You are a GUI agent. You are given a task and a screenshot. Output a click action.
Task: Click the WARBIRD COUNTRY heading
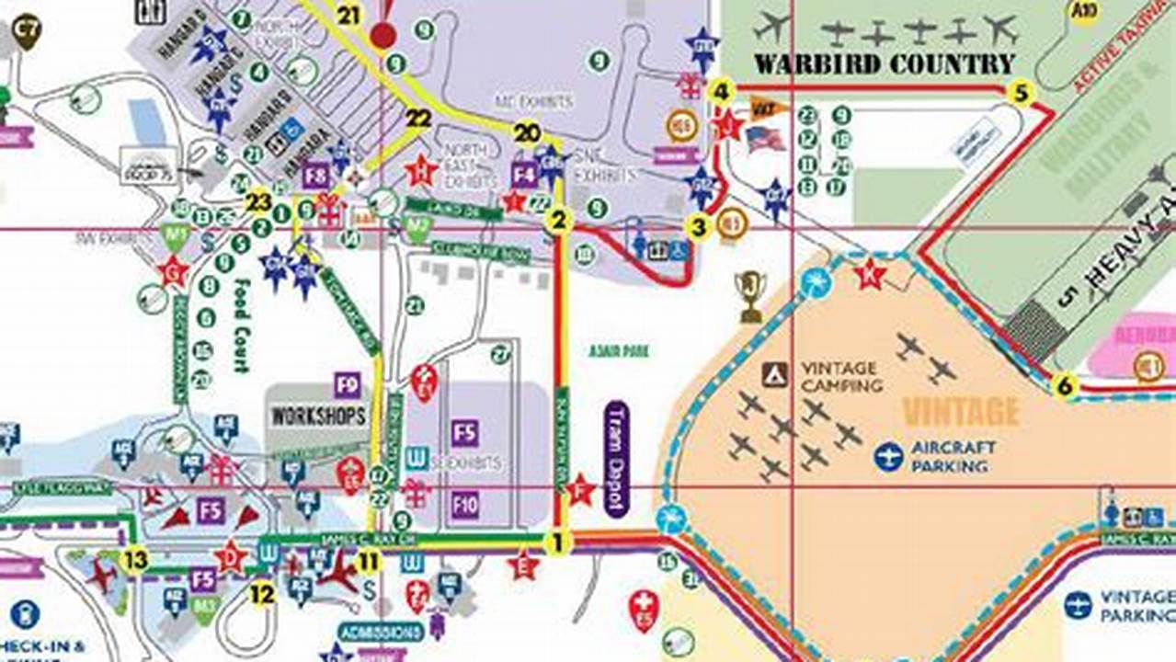885,64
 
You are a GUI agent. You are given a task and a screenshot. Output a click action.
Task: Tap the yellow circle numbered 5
1020,92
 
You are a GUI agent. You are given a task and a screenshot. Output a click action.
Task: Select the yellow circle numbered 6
1065,386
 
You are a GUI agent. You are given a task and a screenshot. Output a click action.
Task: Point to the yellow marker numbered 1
555,542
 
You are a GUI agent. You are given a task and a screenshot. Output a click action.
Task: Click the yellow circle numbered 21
348,15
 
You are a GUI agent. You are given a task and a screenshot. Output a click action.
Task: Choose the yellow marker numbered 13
135,559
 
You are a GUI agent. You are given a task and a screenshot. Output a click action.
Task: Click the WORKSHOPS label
318,416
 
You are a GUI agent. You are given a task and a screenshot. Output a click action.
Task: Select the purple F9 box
347,383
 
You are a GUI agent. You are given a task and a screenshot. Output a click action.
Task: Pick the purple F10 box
465,504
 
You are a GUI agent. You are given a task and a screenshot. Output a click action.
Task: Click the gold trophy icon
750,295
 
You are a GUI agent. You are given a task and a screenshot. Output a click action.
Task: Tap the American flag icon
765,139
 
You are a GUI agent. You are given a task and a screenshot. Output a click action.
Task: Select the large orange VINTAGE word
961,410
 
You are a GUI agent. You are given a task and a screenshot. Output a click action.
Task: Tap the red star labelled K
868,273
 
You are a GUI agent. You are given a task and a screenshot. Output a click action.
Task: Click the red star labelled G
173,271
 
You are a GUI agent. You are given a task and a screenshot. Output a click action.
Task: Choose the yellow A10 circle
1087,10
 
